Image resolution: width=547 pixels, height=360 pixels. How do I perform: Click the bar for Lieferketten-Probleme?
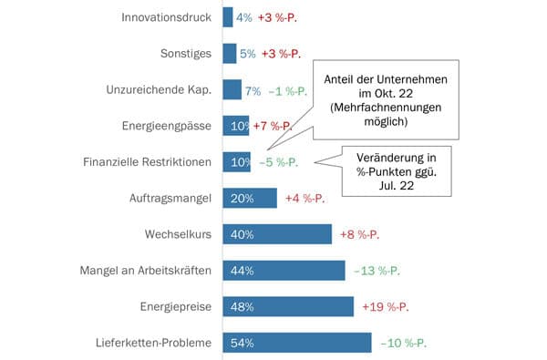(297, 343)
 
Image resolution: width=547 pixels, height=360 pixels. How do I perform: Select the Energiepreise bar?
(288, 306)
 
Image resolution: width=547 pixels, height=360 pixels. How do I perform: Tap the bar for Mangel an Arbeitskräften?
(284, 271)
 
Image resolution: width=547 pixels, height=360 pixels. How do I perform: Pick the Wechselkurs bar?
(277, 234)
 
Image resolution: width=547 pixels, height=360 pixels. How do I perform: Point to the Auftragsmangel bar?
(249, 198)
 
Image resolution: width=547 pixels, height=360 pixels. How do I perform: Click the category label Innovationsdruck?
(166, 16)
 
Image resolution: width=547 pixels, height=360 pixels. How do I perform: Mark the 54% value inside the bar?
(242, 343)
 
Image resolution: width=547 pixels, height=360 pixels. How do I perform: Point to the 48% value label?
(242, 306)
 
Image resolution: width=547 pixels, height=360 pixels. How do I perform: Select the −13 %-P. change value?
(377, 271)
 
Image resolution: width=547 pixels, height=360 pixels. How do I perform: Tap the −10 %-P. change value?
(403, 343)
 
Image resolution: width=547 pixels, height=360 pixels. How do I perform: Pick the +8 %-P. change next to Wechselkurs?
(359, 234)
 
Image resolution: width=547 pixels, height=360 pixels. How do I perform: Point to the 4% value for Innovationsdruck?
(243, 16)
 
